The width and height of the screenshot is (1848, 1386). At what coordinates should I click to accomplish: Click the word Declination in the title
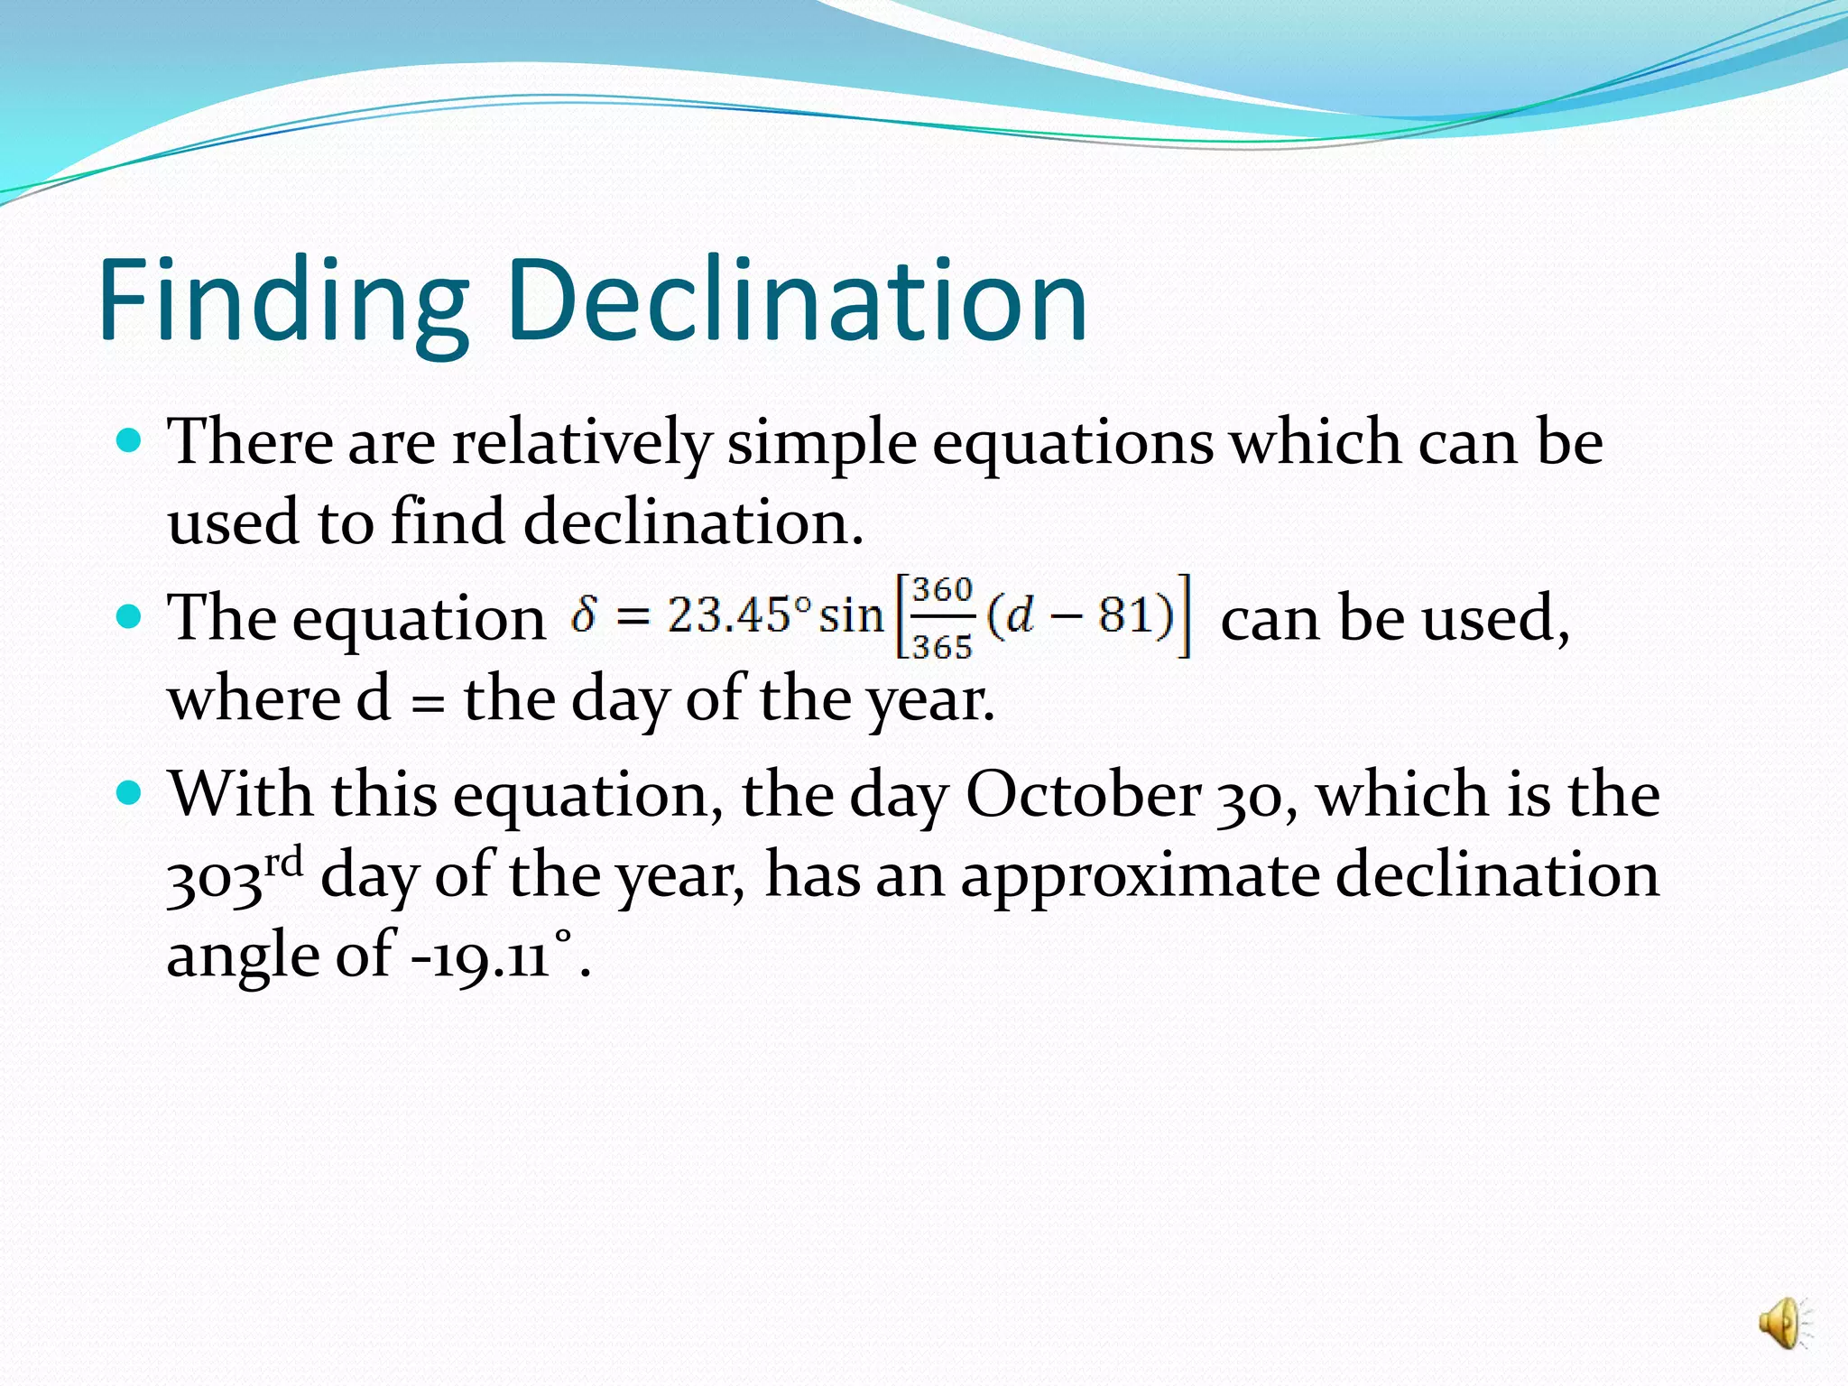pyautogui.click(x=798, y=300)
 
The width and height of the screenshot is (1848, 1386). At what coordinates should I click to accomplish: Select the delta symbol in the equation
pyautogui.click(x=584, y=616)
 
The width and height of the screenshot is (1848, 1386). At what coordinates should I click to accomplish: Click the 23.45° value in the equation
pyautogui.click(x=739, y=615)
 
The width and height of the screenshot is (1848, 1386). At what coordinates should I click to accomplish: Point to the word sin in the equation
pyautogui.click(x=850, y=616)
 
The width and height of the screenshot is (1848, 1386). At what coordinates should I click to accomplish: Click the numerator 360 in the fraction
pyautogui.click(x=942, y=591)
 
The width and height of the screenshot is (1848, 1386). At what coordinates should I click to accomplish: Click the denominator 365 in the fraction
pyautogui.click(x=942, y=646)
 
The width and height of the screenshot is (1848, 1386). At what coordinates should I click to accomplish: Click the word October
pyautogui.click(x=1084, y=795)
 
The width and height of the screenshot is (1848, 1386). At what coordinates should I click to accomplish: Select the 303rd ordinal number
pyautogui.click(x=235, y=876)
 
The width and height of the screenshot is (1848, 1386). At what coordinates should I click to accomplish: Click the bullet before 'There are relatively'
pyautogui.click(x=131, y=440)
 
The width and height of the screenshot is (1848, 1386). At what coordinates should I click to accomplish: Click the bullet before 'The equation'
pyautogui.click(x=131, y=617)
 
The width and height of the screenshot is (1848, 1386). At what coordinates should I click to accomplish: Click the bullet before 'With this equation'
pyautogui.click(x=131, y=793)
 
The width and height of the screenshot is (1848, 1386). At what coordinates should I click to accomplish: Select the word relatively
pyautogui.click(x=582, y=443)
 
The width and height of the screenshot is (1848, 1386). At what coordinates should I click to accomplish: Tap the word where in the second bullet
pyautogui.click(x=254, y=699)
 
